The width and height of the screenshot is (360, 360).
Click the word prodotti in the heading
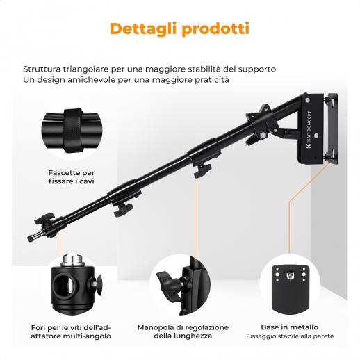point(215,29)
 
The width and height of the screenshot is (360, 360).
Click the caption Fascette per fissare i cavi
point(72,177)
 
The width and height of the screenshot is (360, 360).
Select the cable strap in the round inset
point(73,131)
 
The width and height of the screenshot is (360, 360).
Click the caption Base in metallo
point(290,327)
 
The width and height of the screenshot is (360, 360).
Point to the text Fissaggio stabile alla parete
point(290,336)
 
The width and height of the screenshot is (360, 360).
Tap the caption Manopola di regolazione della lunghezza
point(183,332)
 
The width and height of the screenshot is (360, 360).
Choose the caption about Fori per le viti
point(71,332)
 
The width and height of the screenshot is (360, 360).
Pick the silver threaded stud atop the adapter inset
point(72,261)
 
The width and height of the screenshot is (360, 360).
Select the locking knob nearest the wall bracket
point(202,170)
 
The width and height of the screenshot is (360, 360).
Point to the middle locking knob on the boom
point(123,210)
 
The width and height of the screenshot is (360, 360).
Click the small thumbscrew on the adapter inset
point(98,284)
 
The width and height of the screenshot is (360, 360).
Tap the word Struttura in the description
point(44,69)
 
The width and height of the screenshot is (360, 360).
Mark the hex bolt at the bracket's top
point(308,100)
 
